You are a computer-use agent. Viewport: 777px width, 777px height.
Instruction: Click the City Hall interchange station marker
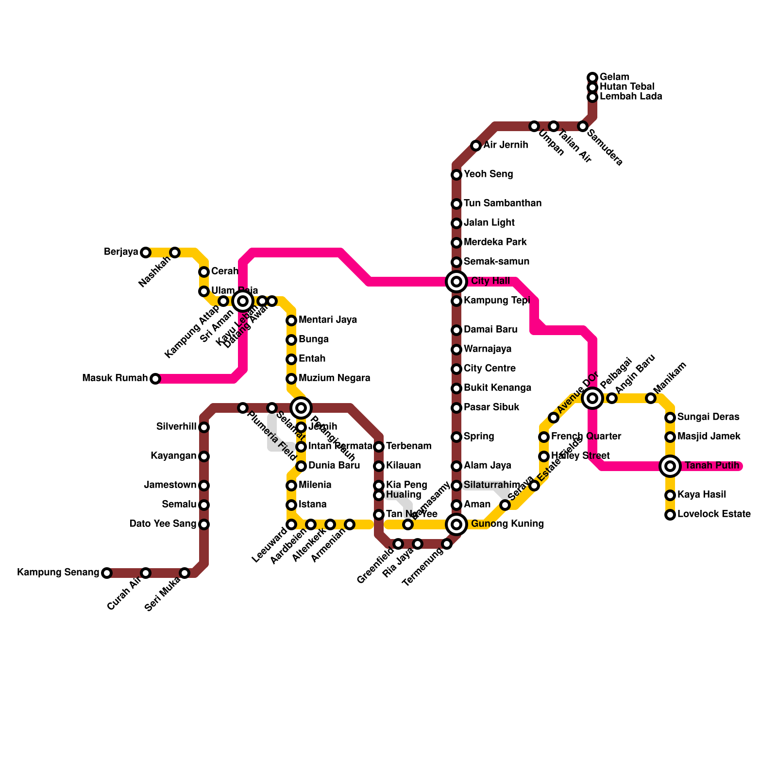tap(456, 282)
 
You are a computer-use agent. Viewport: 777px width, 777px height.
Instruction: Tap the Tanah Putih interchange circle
tap(670, 466)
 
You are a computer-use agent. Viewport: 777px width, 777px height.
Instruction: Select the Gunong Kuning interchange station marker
tap(456, 524)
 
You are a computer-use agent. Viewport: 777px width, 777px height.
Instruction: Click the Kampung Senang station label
tap(58, 573)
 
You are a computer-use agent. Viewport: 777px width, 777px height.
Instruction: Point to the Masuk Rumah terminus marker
tap(155, 379)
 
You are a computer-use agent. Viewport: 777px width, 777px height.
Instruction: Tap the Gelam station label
tap(614, 77)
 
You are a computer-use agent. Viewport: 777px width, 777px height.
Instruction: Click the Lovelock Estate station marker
tap(670, 515)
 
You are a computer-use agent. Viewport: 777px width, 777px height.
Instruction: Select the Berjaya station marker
tap(146, 253)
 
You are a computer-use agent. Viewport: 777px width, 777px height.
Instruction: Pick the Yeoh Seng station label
tap(488, 174)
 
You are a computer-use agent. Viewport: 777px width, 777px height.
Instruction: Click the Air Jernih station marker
tap(476, 146)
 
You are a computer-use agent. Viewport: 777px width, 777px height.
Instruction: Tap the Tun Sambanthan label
tap(502, 203)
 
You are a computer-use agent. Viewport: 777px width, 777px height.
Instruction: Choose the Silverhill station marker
tap(204, 427)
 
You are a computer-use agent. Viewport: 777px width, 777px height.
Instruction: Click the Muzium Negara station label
tap(334, 378)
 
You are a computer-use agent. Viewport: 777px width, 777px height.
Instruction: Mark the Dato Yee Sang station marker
tap(204, 524)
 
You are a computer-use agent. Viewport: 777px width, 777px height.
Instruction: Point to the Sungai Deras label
tap(708, 417)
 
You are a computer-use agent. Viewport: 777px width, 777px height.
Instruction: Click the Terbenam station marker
tap(379, 447)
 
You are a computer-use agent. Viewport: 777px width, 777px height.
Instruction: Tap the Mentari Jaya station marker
tap(291, 321)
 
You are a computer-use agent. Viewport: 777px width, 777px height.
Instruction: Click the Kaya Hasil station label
tap(702, 494)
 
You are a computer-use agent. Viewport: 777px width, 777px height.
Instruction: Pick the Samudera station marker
tap(583, 126)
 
